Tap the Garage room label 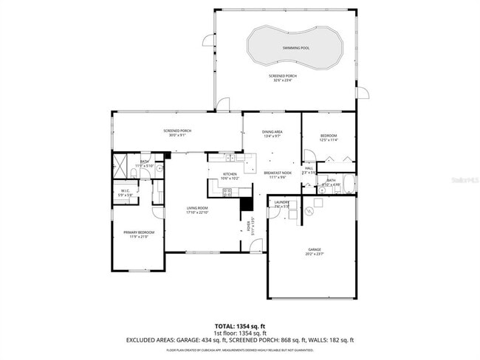[315, 250]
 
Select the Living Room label [196, 209]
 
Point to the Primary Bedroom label [138, 233]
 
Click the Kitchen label [230, 174]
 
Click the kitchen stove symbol [227, 193]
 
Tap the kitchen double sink [219, 157]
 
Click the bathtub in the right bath [348, 184]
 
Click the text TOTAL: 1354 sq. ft [241, 325]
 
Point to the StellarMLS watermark [462, 179]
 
